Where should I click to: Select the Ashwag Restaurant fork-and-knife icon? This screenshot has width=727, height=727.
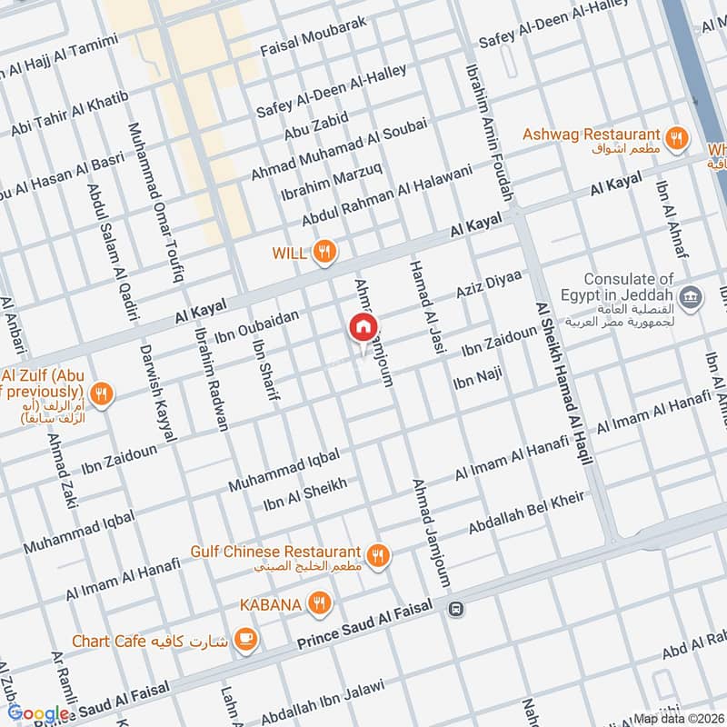675,138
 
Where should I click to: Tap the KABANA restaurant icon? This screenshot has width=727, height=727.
318,603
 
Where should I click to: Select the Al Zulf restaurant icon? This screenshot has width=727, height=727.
103,393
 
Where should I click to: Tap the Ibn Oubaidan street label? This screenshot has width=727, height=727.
256,324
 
